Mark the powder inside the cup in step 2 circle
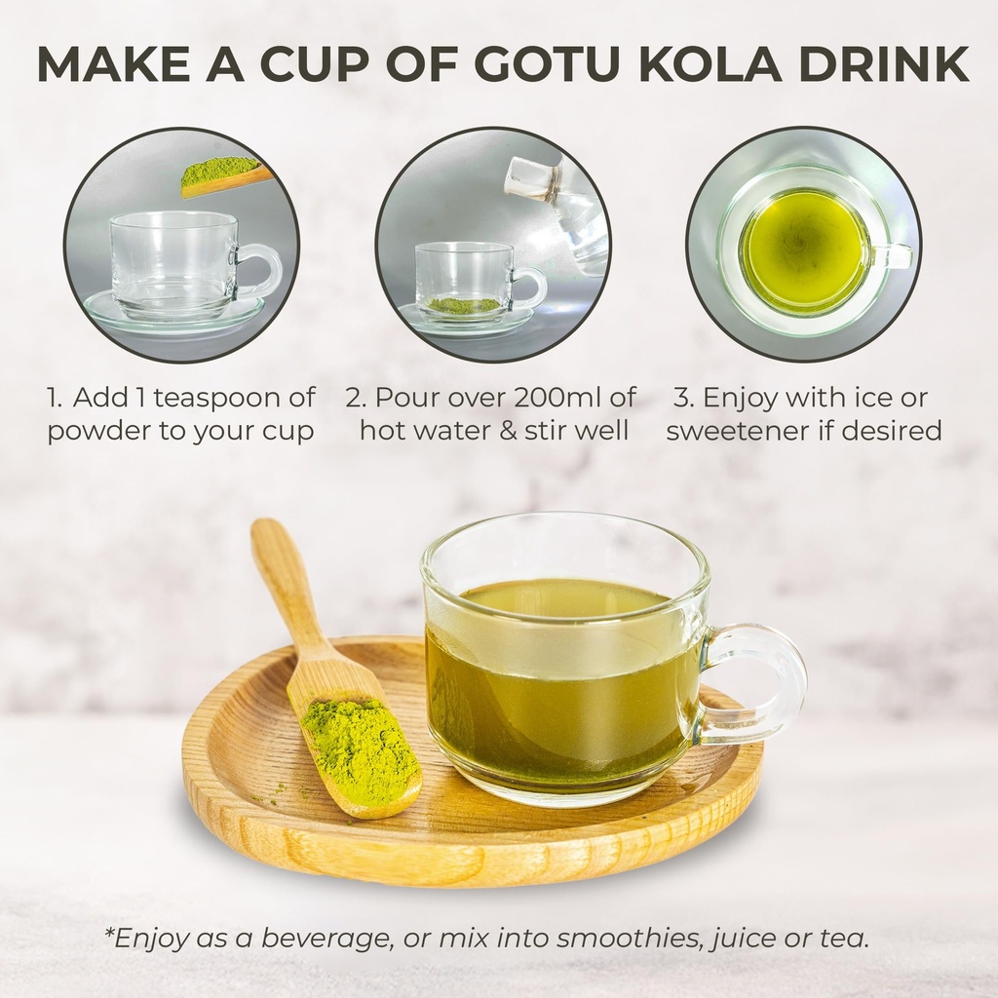tap(464, 305)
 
